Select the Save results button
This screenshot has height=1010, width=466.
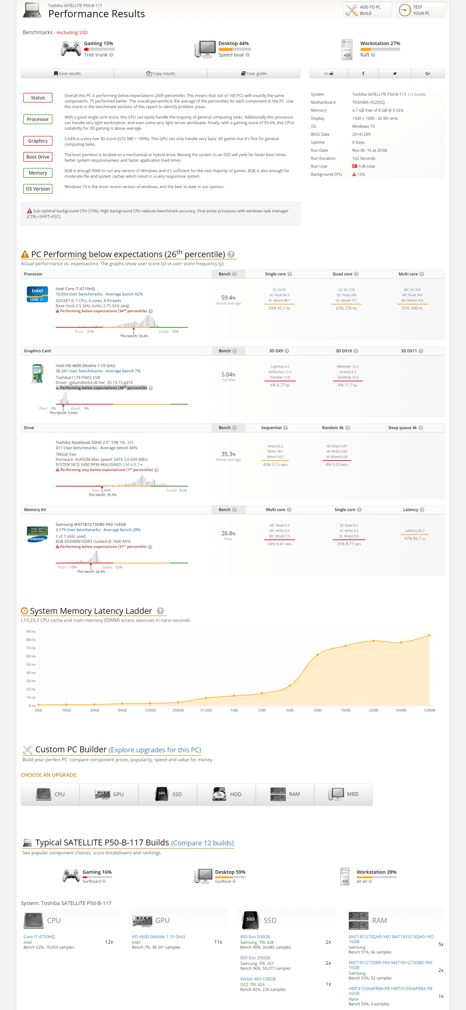coord(68,73)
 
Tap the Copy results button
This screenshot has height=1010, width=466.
coord(161,73)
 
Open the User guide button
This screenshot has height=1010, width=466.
coord(254,73)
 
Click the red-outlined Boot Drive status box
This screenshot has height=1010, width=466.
coord(38,157)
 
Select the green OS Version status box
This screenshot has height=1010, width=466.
coord(38,189)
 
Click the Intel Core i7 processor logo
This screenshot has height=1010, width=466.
coord(37,294)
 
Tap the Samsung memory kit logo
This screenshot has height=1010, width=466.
coord(37,534)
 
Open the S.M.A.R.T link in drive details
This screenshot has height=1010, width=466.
coord(132,465)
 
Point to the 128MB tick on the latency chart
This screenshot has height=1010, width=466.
coord(429,710)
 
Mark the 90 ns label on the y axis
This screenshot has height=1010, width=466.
coord(31,632)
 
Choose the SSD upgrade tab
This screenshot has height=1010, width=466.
coord(168,794)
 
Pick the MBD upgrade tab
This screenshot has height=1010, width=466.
coord(344,794)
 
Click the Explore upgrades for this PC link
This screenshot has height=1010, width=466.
coord(155,750)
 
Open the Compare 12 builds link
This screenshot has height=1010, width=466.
coord(202,843)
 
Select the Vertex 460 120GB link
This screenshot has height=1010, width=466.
coord(258,979)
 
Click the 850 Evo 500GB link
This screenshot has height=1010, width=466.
coord(255,937)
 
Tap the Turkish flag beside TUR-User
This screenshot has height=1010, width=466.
coord(355,166)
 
